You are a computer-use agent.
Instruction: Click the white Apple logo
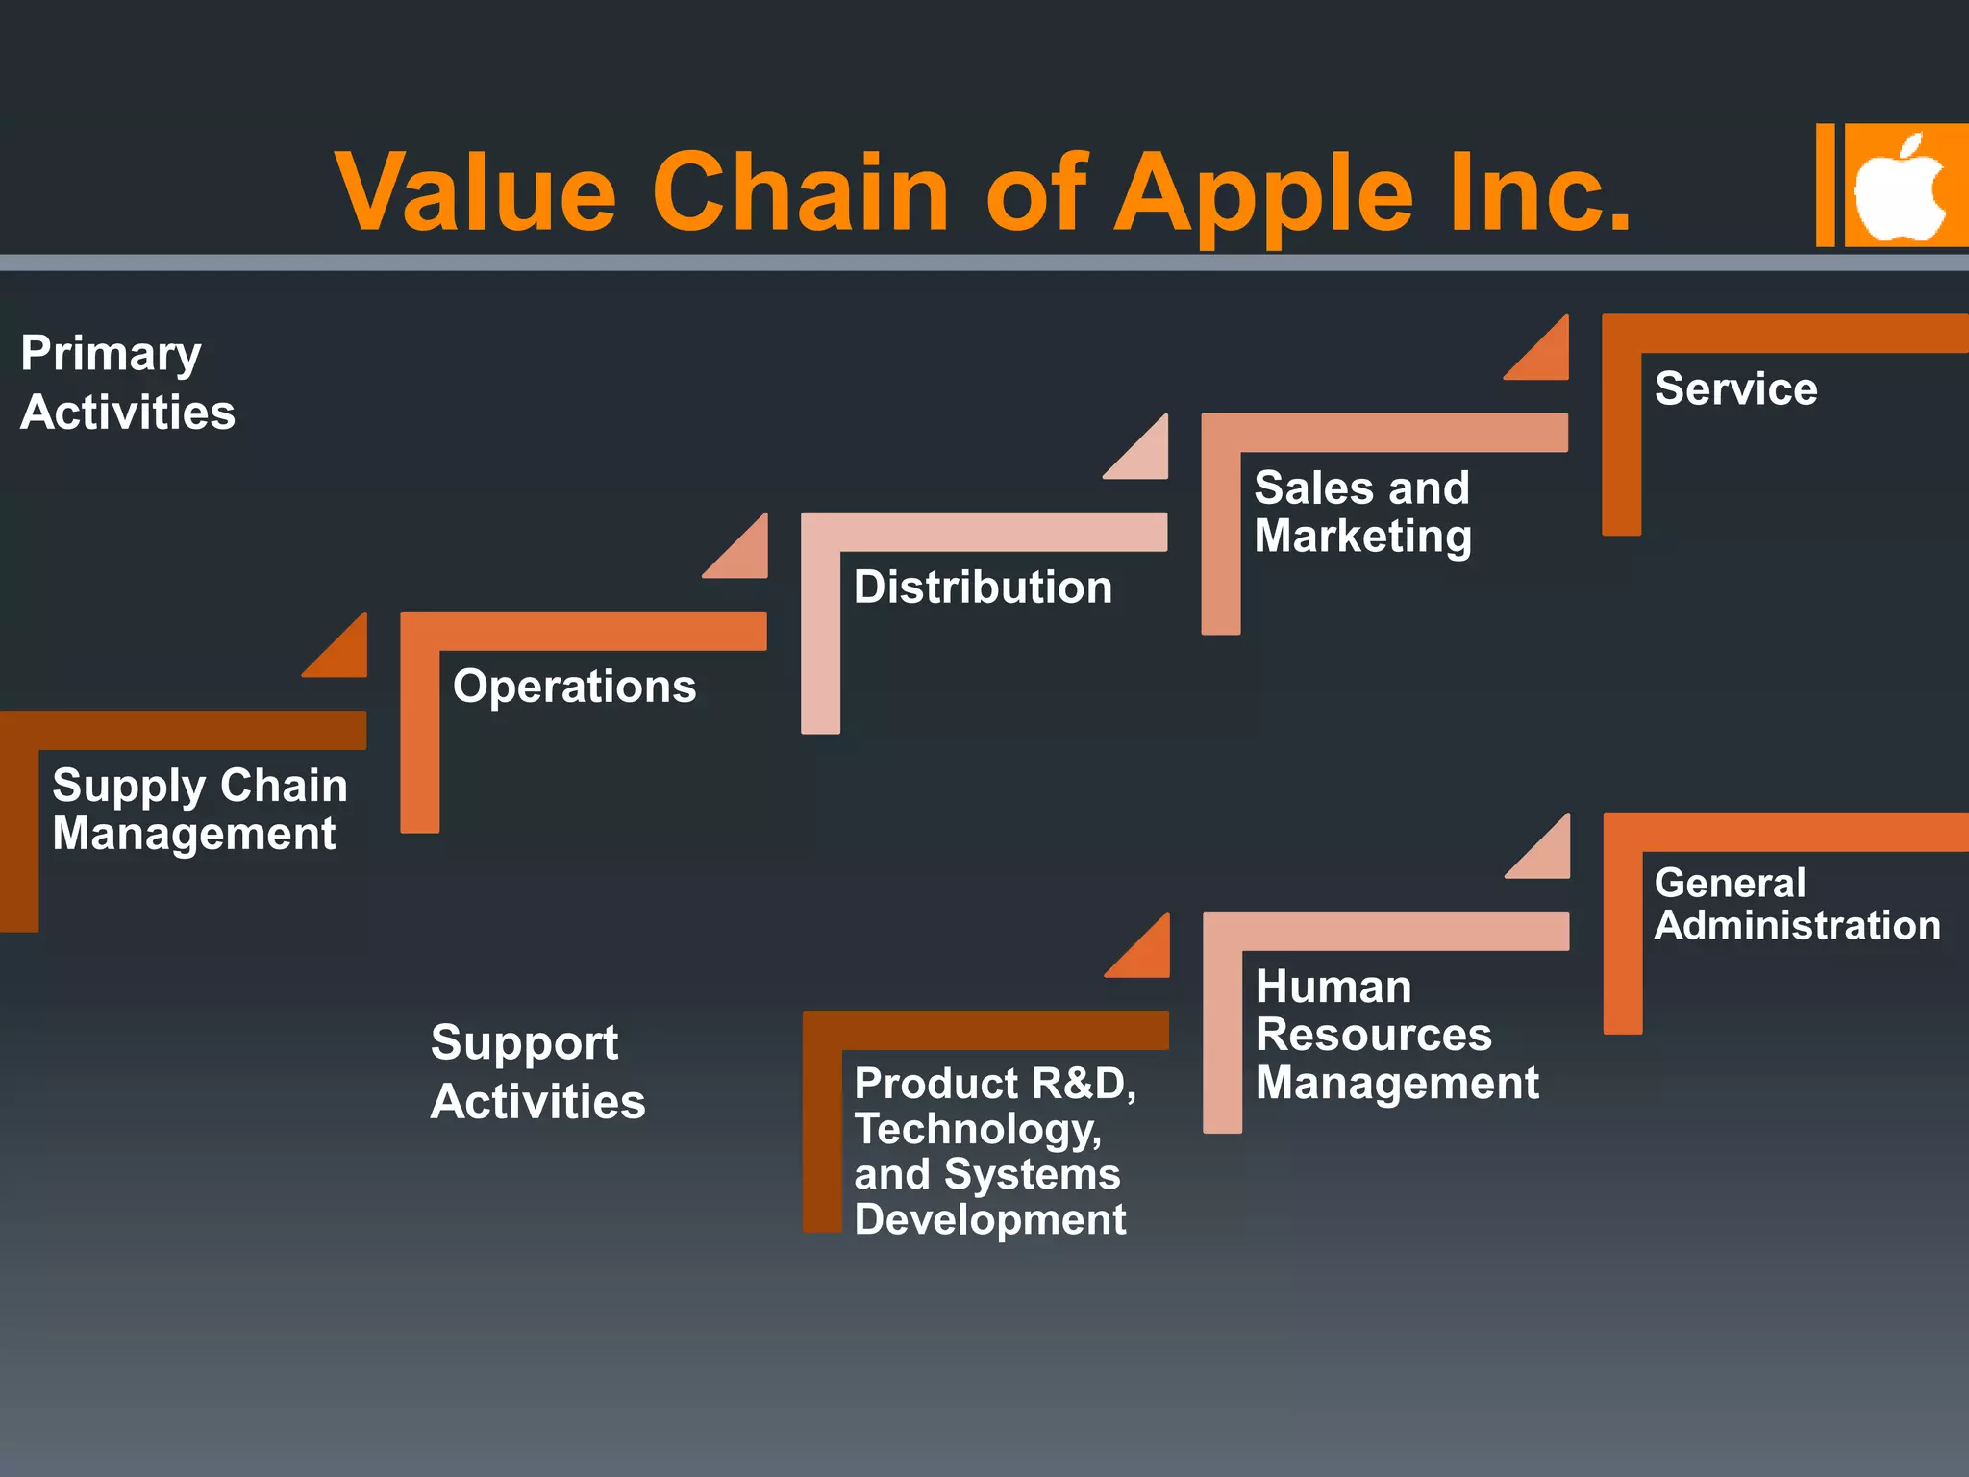click(1898, 188)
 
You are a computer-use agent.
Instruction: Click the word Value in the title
click(475, 192)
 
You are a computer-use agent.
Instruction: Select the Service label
click(1735, 389)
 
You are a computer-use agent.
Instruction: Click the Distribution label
click(983, 588)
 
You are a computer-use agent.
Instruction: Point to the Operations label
click(574, 687)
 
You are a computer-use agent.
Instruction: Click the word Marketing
click(1362, 537)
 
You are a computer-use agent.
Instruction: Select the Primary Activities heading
click(127, 383)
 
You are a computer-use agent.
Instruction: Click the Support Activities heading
click(536, 1072)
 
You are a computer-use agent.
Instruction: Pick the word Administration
click(1797, 926)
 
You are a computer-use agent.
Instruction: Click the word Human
click(1333, 988)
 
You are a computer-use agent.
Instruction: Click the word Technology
click(977, 1130)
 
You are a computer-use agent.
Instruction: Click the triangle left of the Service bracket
click(1546, 356)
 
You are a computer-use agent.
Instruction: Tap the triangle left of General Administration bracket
click(1547, 855)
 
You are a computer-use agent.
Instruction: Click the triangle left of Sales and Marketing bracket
click(1145, 456)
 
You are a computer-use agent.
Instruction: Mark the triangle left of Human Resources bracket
click(1147, 954)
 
